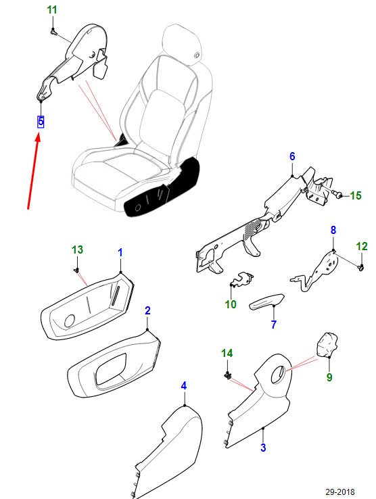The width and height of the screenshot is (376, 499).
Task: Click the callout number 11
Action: [52, 9]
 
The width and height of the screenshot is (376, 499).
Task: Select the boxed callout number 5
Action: [41, 122]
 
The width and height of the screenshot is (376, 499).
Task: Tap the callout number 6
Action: [292, 157]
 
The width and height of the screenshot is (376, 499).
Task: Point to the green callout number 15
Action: [356, 196]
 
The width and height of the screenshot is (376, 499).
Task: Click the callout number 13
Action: [78, 250]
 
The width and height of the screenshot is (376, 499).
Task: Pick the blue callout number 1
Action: [120, 252]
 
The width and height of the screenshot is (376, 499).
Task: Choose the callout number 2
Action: [147, 310]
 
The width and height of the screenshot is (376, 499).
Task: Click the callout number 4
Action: [183, 385]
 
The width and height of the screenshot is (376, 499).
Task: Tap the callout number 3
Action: [263, 448]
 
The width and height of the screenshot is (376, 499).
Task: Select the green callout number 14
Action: [227, 354]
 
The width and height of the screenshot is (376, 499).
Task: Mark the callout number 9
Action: [329, 377]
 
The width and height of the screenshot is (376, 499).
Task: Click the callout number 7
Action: [274, 325]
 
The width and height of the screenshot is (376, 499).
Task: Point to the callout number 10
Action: [231, 305]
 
